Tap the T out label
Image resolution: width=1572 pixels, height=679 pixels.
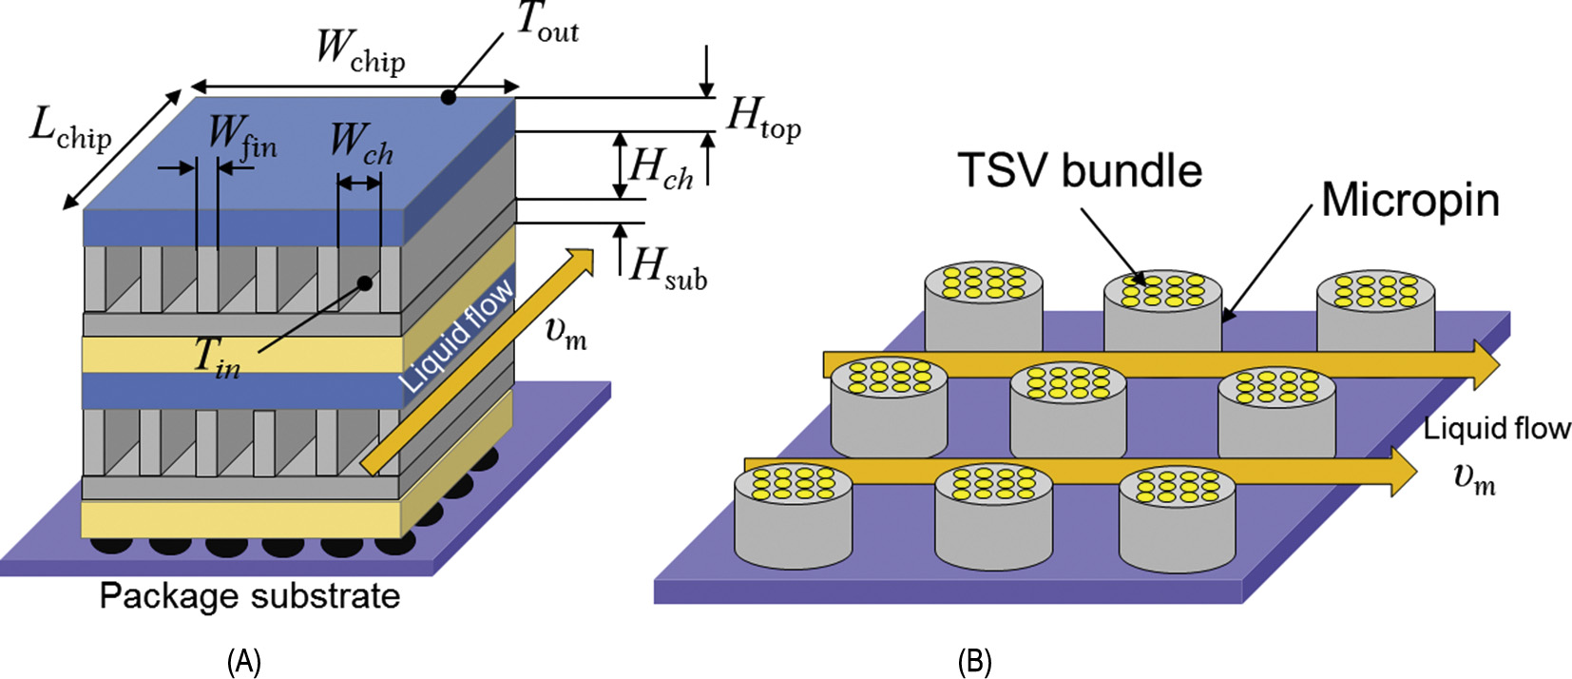(x=547, y=23)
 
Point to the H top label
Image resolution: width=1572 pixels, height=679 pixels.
(x=763, y=119)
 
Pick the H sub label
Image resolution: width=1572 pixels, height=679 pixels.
(x=669, y=268)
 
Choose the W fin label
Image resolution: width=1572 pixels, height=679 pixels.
(x=242, y=137)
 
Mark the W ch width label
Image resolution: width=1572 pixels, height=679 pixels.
(x=361, y=144)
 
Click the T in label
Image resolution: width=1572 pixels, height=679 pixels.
(x=217, y=358)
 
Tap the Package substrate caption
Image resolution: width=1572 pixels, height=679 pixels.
(x=250, y=596)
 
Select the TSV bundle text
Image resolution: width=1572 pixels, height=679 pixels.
(x=1080, y=171)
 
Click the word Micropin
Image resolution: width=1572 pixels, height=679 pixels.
(x=1410, y=201)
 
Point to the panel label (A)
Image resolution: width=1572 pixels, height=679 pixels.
(x=244, y=661)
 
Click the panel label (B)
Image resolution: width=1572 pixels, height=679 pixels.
(x=975, y=661)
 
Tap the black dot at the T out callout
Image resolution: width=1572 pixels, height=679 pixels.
(x=449, y=97)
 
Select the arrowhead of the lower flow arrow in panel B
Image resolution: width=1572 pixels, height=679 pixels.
(x=1403, y=472)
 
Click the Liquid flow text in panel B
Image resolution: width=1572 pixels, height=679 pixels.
(x=1497, y=429)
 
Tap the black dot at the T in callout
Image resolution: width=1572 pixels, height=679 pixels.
(x=363, y=282)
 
